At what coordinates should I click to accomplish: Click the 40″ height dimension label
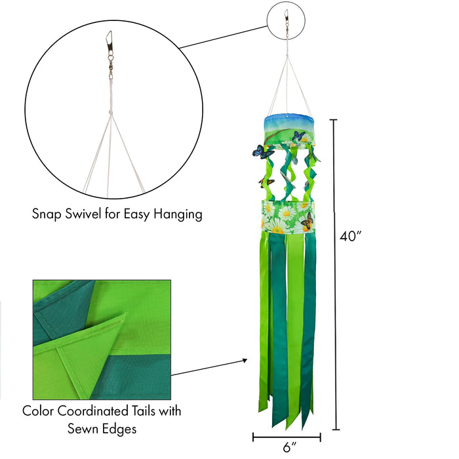pyautogui.click(x=350, y=236)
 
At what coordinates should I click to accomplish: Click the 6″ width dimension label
pyautogui.click(x=290, y=448)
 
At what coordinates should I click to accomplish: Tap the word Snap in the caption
pyautogui.click(x=47, y=214)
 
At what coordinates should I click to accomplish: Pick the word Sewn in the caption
pyautogui.click(x=84, y=429)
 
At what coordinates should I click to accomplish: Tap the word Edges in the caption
pyautogui.click(x=120, y=429)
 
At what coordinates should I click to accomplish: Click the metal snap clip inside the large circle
pyautogui.click(x=110, y=41)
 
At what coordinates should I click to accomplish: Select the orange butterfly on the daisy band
pyautogui.click(x=307, y=222)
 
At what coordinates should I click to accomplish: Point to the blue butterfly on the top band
pyautogui.click(x=298, y=136)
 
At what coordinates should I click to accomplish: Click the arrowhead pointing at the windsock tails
pyautogui.click(x=245, y=361)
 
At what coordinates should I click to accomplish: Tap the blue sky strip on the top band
pyautogui.click(x=289, y=121)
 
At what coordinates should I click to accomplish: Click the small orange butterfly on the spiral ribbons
pyautogui.click(x=266, y=183)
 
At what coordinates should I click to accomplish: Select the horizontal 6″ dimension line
pyautogui.click(x=287, y=437)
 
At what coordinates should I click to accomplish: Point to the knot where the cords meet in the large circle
pyautogui.click(x=110, y=113)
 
